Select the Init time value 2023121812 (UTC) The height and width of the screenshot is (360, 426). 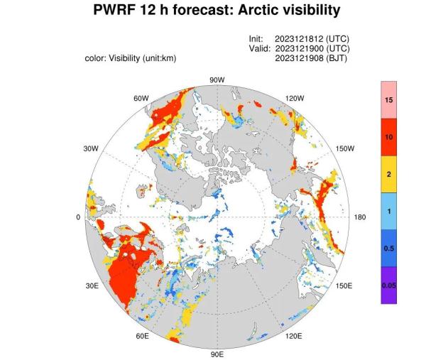point(312,38)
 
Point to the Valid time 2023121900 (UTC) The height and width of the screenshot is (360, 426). point(312,48)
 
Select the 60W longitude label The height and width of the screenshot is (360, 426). point(141,98)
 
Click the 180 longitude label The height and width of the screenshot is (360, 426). point(360,217)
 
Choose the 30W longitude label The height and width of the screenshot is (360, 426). point(90,149)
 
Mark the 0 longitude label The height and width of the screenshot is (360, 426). point(78,217)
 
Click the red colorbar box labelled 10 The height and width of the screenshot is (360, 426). point(388,136)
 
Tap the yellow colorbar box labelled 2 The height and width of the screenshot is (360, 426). point(388,173)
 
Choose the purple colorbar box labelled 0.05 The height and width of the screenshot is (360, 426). point(388,285)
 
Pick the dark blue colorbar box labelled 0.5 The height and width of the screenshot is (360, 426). point(388,248)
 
